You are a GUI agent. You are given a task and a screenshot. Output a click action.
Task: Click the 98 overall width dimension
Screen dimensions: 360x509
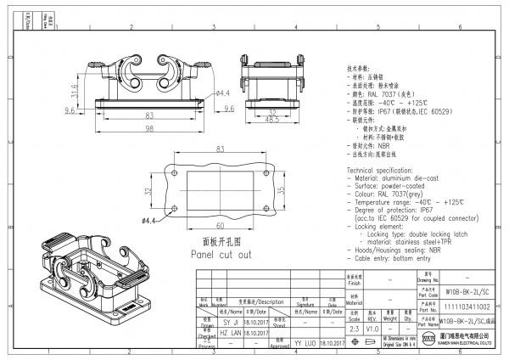point(148,127)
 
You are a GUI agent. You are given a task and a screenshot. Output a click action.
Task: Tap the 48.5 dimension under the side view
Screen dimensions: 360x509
point(271,121)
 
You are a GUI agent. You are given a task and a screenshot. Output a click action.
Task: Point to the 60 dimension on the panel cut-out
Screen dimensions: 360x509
point(220,226)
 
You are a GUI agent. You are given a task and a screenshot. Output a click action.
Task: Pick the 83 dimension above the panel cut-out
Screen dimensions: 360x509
point(220,149)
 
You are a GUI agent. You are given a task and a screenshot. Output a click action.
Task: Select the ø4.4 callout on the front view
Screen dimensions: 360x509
point(223,93)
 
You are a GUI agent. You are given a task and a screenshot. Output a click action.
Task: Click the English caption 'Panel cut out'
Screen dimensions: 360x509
point(221,254)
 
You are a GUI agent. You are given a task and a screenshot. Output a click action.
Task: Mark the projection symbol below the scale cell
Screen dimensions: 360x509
point(355,341)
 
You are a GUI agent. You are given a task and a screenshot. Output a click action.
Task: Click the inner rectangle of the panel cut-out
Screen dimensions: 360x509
point(220,190)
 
